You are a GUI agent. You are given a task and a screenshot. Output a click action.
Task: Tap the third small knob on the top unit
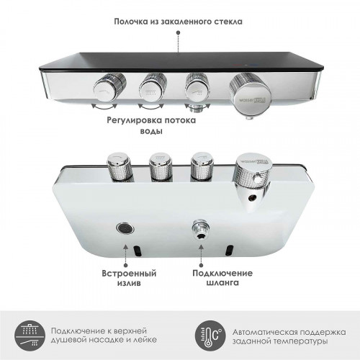197,86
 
